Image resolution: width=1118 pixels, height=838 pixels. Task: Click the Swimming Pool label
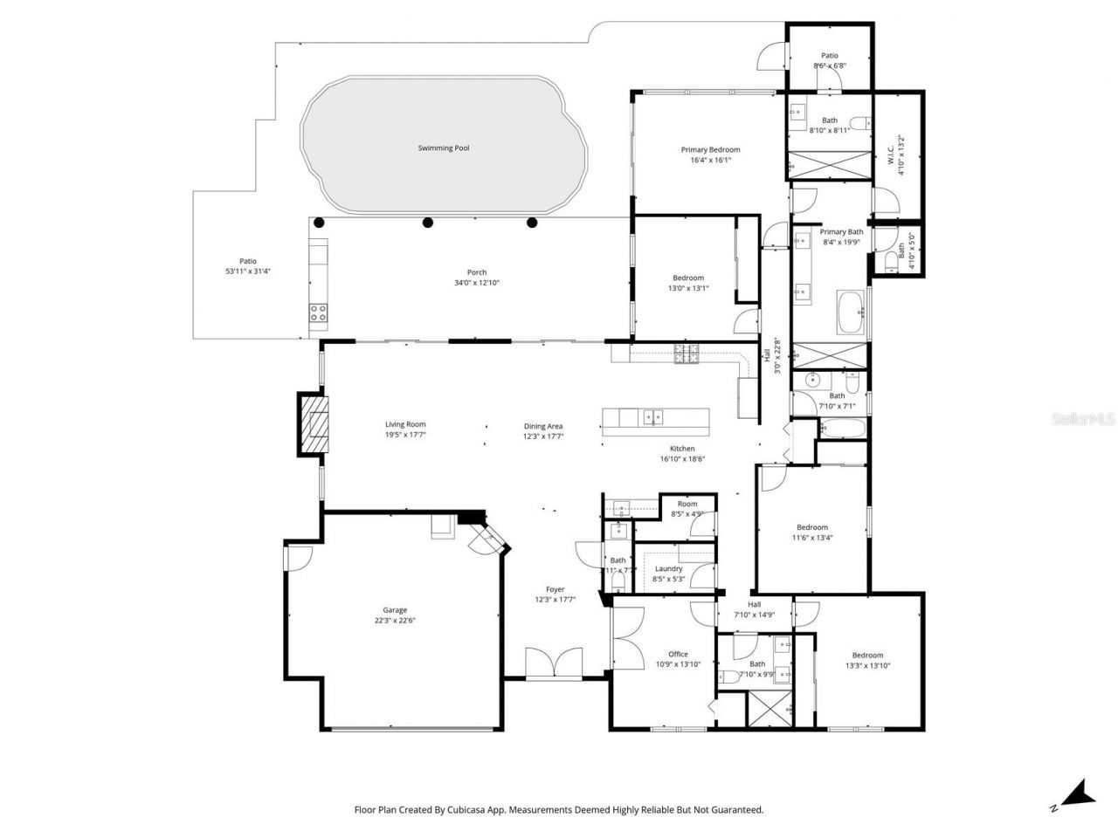(443, 148)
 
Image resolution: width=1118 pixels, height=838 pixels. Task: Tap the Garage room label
(395, 610)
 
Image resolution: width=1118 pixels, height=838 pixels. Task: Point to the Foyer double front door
(554, 663)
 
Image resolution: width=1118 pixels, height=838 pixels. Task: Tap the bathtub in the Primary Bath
(850, 314)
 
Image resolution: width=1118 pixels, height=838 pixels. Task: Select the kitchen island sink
(653, 417)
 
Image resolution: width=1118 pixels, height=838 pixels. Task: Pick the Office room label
(678, 654)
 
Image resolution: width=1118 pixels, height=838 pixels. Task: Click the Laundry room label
(668, 568)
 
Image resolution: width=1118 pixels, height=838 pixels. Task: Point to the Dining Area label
(543, 426)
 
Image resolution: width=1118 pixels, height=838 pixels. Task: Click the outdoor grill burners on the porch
(318, 313)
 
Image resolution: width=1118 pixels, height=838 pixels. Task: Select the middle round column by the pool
(428, 223)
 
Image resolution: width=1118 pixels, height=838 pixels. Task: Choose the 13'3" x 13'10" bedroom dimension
(867, 666)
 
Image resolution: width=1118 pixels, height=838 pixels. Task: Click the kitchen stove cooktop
(686, 354)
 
